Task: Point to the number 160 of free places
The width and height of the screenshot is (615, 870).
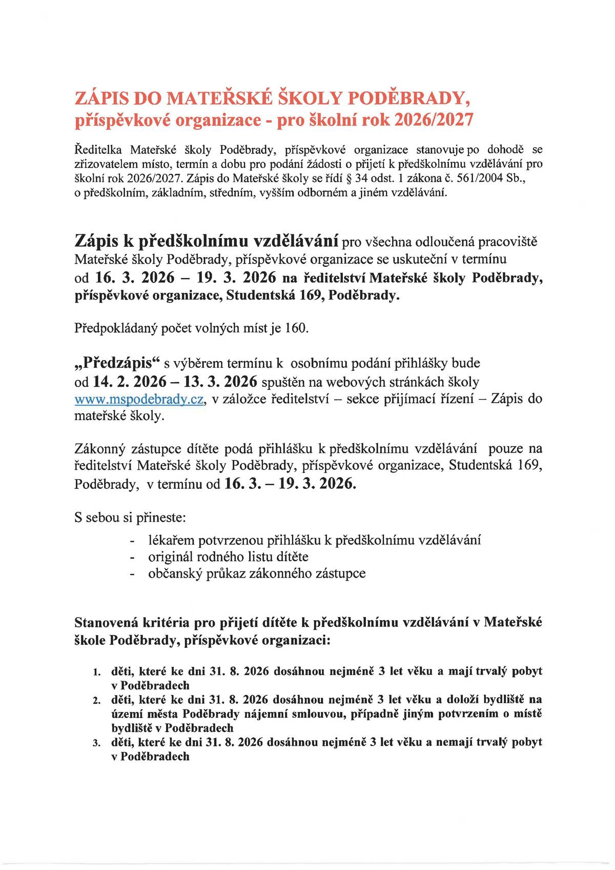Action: [x=296, y=328]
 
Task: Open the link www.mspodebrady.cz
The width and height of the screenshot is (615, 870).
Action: [x=139, y=399]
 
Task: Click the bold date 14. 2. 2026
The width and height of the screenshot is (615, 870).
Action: [x=130, y=382]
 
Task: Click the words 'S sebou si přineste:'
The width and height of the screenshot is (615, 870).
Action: [x=130, y=518]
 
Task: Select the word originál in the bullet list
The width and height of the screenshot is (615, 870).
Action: [x=169, y=557]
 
